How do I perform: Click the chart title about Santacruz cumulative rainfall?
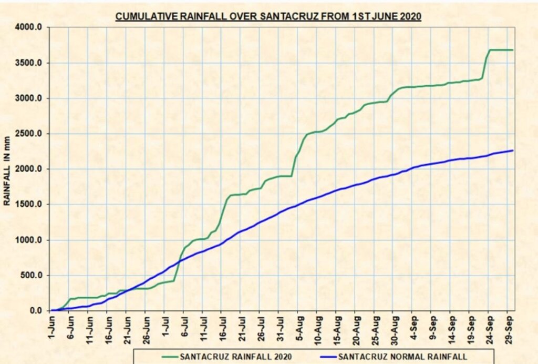[268, 16]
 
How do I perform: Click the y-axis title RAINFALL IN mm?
[7, 168]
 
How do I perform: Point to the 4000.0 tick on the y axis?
[32, 27]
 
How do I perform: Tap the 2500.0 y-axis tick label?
[32, 134]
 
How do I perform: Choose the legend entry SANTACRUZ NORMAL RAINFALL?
[399, 357]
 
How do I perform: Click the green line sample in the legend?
[158, 357]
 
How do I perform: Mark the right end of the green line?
[512, 50]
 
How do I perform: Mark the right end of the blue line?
[512, 150]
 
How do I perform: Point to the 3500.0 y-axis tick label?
[32, 63]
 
